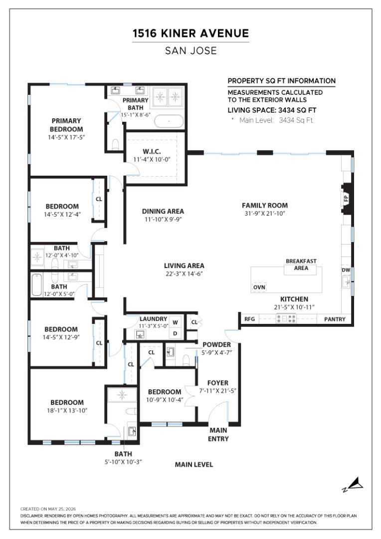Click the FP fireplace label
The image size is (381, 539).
346,198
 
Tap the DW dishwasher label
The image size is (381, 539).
346,270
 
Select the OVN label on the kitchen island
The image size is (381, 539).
259,287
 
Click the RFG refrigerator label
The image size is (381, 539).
249,319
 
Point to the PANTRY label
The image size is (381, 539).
335,319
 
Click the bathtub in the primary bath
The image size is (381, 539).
169,121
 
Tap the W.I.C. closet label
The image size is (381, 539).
152,152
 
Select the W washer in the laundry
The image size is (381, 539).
175,322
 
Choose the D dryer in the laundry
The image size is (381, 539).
175,333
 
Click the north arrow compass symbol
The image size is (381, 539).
354,485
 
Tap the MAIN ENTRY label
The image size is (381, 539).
218,435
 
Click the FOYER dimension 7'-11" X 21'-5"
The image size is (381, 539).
218,391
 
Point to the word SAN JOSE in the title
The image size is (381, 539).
191,51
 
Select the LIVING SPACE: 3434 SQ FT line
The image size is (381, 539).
272,110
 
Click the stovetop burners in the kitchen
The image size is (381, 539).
286,319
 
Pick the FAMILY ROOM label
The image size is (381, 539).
265,206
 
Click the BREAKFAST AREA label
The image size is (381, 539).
301,265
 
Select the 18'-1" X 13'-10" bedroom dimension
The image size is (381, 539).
67,410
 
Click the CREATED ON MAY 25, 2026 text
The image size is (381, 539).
48,509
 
